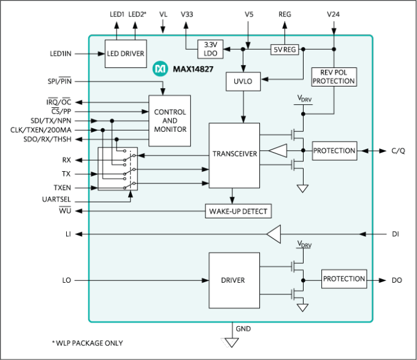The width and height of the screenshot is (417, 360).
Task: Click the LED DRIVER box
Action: click(125, 53)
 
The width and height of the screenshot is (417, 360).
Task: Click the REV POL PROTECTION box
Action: click(334, 76)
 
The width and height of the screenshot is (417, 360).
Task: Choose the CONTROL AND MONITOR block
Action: click(169, 121)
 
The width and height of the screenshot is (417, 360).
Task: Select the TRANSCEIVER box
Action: click(234, 155)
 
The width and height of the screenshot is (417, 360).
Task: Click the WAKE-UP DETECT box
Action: click(238, 212)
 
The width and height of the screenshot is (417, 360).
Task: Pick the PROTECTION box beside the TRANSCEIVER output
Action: click(334, 151)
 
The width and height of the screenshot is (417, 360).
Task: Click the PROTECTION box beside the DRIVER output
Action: click(344, 279)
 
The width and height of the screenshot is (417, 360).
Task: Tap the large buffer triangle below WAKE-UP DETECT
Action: click(274, 234)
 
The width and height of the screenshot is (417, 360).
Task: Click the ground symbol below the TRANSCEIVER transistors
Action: click(302, 188)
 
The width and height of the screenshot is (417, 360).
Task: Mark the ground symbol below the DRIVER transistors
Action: click(302, 307)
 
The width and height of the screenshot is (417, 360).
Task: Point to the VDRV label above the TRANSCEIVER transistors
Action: click(304, 98)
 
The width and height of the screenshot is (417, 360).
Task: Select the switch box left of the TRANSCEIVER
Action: click(117, 169)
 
